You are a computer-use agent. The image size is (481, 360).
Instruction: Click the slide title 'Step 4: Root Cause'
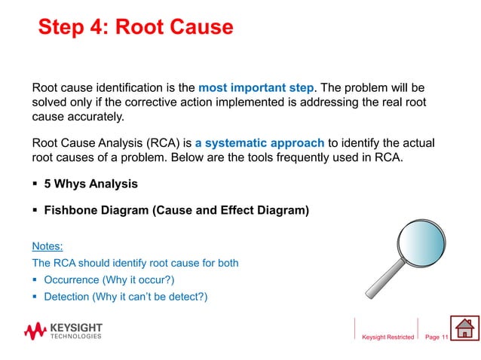coord(135,28)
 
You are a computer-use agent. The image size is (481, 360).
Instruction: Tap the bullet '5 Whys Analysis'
coord(90,183)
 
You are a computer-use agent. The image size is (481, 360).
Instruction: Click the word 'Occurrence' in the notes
coord(72,280)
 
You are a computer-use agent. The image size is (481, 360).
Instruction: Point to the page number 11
coord(445,337)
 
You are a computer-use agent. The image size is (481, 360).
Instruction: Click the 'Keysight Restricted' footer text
coord(388,337)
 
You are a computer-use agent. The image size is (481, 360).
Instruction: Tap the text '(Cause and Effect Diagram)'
coord(231,212)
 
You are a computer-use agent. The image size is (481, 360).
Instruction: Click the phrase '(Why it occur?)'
coord(141,280)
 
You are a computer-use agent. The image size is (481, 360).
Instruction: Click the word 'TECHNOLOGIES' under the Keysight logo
coord(75,337)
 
